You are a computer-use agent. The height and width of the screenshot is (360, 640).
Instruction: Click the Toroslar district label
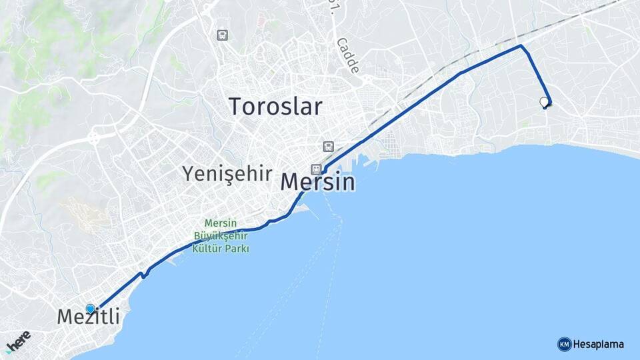click(x=275, y=107)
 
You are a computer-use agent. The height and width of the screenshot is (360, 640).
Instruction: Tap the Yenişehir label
click(x=227, y=174)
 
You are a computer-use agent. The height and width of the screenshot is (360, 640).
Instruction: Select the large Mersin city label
click(x=318, y=182)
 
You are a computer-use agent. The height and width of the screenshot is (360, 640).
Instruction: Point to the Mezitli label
click(x=89, y=317)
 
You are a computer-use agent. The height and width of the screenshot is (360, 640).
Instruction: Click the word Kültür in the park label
click(x=207, y=249)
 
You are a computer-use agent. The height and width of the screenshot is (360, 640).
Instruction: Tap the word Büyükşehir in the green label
click(x=220, y=237)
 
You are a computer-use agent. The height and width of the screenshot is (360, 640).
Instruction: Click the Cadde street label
click(x=347, y=55)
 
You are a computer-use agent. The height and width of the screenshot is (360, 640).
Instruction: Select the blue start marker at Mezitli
click(x=90, y=309)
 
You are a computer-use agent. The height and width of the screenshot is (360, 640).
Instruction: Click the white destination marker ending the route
click(x=544, y=101)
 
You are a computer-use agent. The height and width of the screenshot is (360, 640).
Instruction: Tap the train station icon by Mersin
click(x=316, y=169)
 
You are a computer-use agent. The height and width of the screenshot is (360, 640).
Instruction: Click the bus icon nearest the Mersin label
click(x=327, y=146)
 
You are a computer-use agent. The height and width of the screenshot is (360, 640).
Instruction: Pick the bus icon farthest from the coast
click(x=222, y=35)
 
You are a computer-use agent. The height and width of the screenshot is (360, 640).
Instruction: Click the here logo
click(x=17, y=340)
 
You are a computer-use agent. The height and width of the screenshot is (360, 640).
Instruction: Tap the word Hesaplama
click(x=599, y=345)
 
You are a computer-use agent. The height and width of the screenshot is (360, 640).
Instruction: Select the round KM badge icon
click(x=564, y=345)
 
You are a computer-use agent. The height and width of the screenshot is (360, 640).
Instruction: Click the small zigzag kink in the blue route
click(x=143, y=273)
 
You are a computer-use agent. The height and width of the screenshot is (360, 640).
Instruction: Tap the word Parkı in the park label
click(x=237, y=249)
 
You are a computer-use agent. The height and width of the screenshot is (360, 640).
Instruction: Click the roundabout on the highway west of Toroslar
click(x=92, y=139)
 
